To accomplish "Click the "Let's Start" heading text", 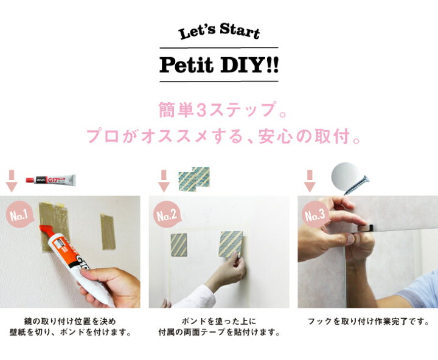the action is click(219, 31).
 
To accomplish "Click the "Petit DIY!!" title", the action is click(219, 65).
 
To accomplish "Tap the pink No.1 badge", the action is click(19, 215).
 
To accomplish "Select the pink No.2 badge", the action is click(167, 215).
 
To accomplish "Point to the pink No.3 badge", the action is click(316, 215).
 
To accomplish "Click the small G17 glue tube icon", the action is click(50, 179).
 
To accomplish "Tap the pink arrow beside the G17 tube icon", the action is click(12, 181).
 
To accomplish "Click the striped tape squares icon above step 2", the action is click(194, 179).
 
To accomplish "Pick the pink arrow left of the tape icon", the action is click(164, 181).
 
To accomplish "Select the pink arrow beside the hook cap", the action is click(310, 181).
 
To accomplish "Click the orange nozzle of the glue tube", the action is click(47, 232).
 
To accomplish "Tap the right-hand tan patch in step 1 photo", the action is click(108, 232).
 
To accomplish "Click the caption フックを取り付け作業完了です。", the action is click(369, 322).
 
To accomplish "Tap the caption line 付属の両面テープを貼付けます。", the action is click(219, 333).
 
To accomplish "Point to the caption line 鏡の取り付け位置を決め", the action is click(70, 322).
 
